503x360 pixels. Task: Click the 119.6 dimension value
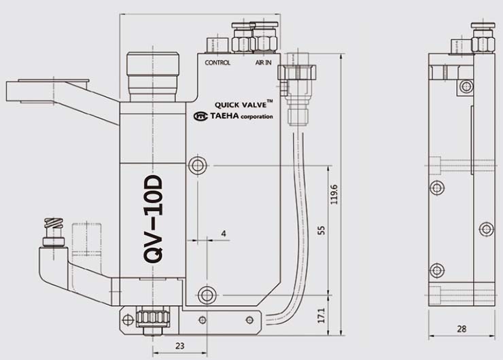(334, 194)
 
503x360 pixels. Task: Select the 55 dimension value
(322, 230)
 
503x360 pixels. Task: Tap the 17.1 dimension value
(322, 315)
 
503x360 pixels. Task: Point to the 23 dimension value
(180, 346)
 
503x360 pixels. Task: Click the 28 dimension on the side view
(462, 329)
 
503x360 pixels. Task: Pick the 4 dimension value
(224, 234)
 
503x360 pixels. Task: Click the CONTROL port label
(218, 62)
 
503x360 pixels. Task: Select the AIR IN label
(263, 62)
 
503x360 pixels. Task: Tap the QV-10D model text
(153, 219)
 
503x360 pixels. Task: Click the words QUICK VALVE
(241, 105)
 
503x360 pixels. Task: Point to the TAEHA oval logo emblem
(201, 116)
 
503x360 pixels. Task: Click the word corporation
(257, 117)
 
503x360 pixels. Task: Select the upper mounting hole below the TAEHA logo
(198, 166)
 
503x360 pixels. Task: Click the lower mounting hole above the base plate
(207, 295)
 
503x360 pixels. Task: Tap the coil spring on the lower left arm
(54, 223)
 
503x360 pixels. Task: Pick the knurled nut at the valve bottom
(153, 317)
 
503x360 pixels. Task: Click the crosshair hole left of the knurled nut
(128, 320)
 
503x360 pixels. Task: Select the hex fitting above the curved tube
(297, 73)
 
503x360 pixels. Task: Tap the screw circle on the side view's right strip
(486, 229)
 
